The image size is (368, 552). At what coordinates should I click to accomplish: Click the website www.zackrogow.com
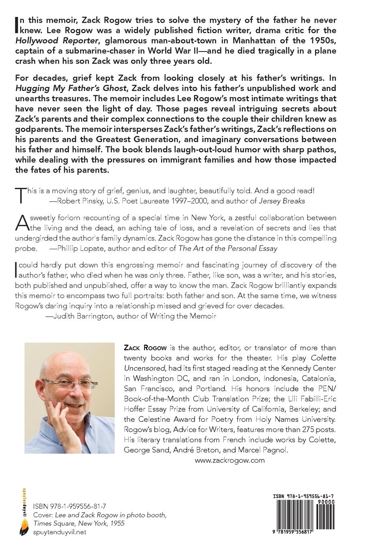229,460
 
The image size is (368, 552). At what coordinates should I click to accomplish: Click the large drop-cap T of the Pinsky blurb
20,195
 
